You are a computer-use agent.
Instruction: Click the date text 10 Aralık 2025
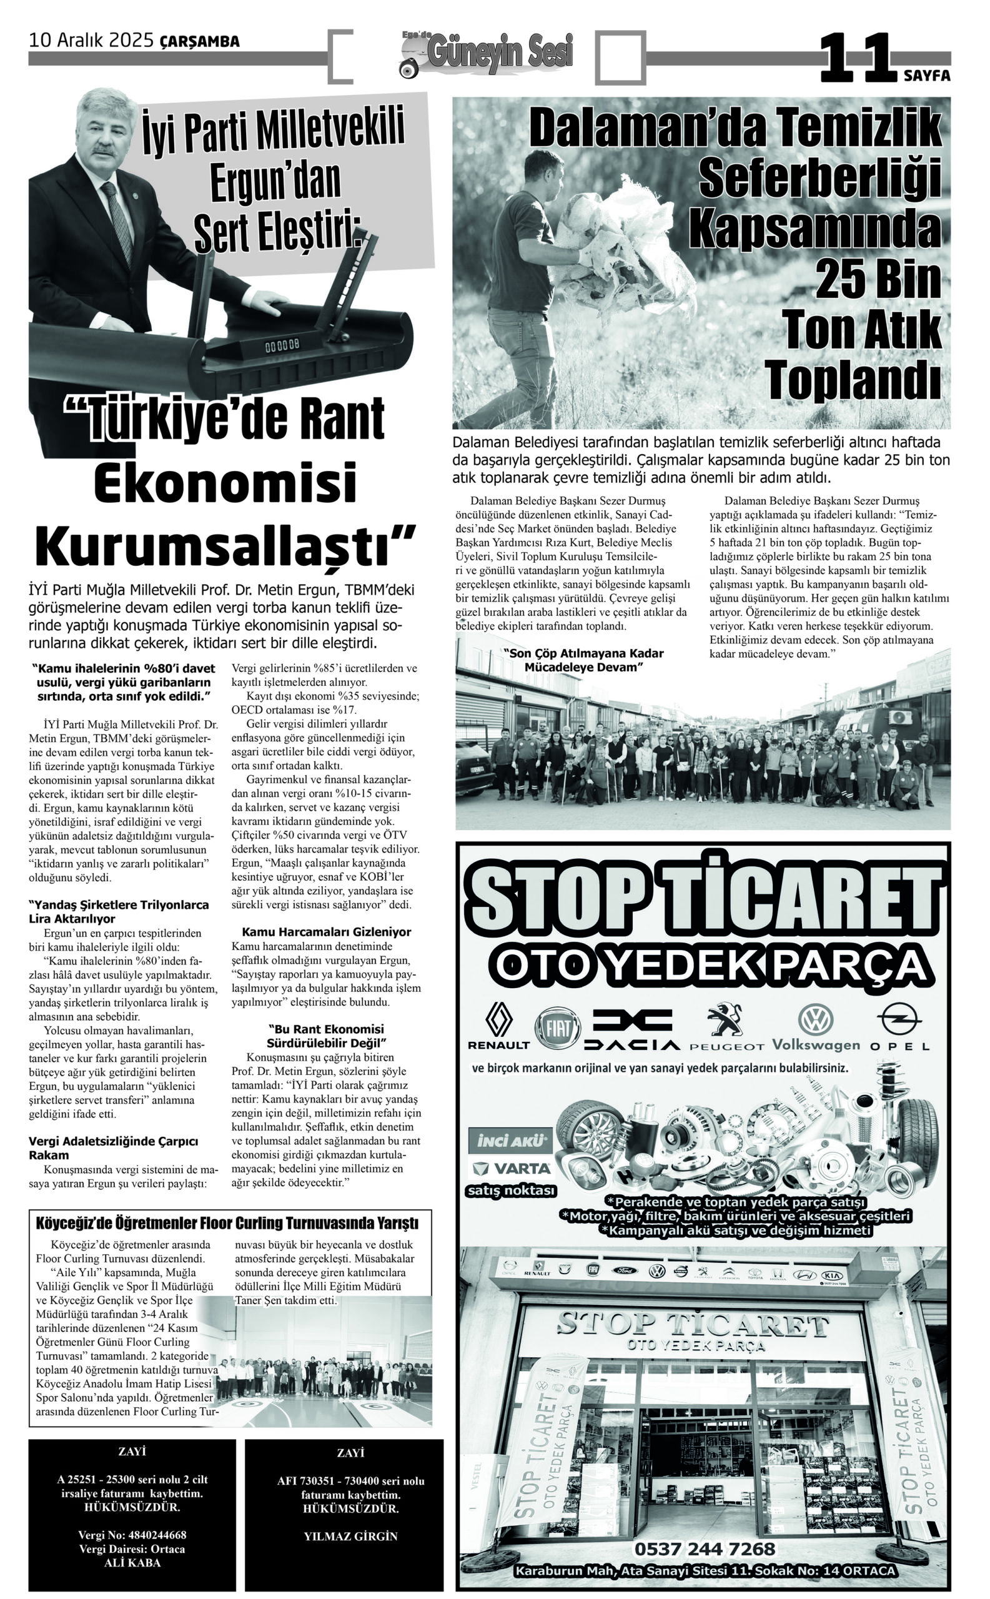(x=91, y=41)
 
